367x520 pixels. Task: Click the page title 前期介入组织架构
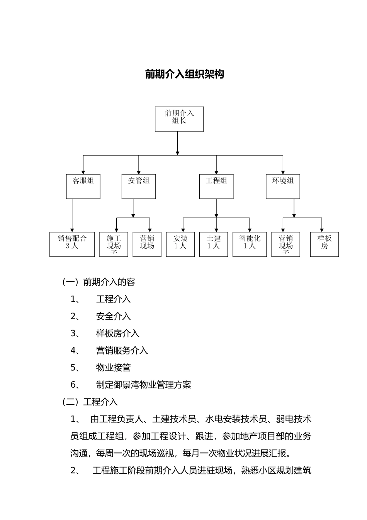184,74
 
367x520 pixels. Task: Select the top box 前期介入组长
179,119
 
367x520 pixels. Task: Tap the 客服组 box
83,186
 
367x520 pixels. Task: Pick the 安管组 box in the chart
139,186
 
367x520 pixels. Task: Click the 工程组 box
216,186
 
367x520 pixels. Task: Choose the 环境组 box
283,186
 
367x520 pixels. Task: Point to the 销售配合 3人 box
72,244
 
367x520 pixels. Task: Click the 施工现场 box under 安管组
114,244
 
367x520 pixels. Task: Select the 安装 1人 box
180,244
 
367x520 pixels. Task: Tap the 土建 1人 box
214,244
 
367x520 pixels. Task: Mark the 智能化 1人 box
250,244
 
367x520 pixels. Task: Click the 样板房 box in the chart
325,244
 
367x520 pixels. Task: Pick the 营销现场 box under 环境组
285,244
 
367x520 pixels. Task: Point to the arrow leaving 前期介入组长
177,143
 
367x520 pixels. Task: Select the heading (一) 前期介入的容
99,282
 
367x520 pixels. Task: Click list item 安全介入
113,316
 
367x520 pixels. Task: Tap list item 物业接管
113,368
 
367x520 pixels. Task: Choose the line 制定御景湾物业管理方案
143,385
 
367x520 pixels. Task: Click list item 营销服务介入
122,351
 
